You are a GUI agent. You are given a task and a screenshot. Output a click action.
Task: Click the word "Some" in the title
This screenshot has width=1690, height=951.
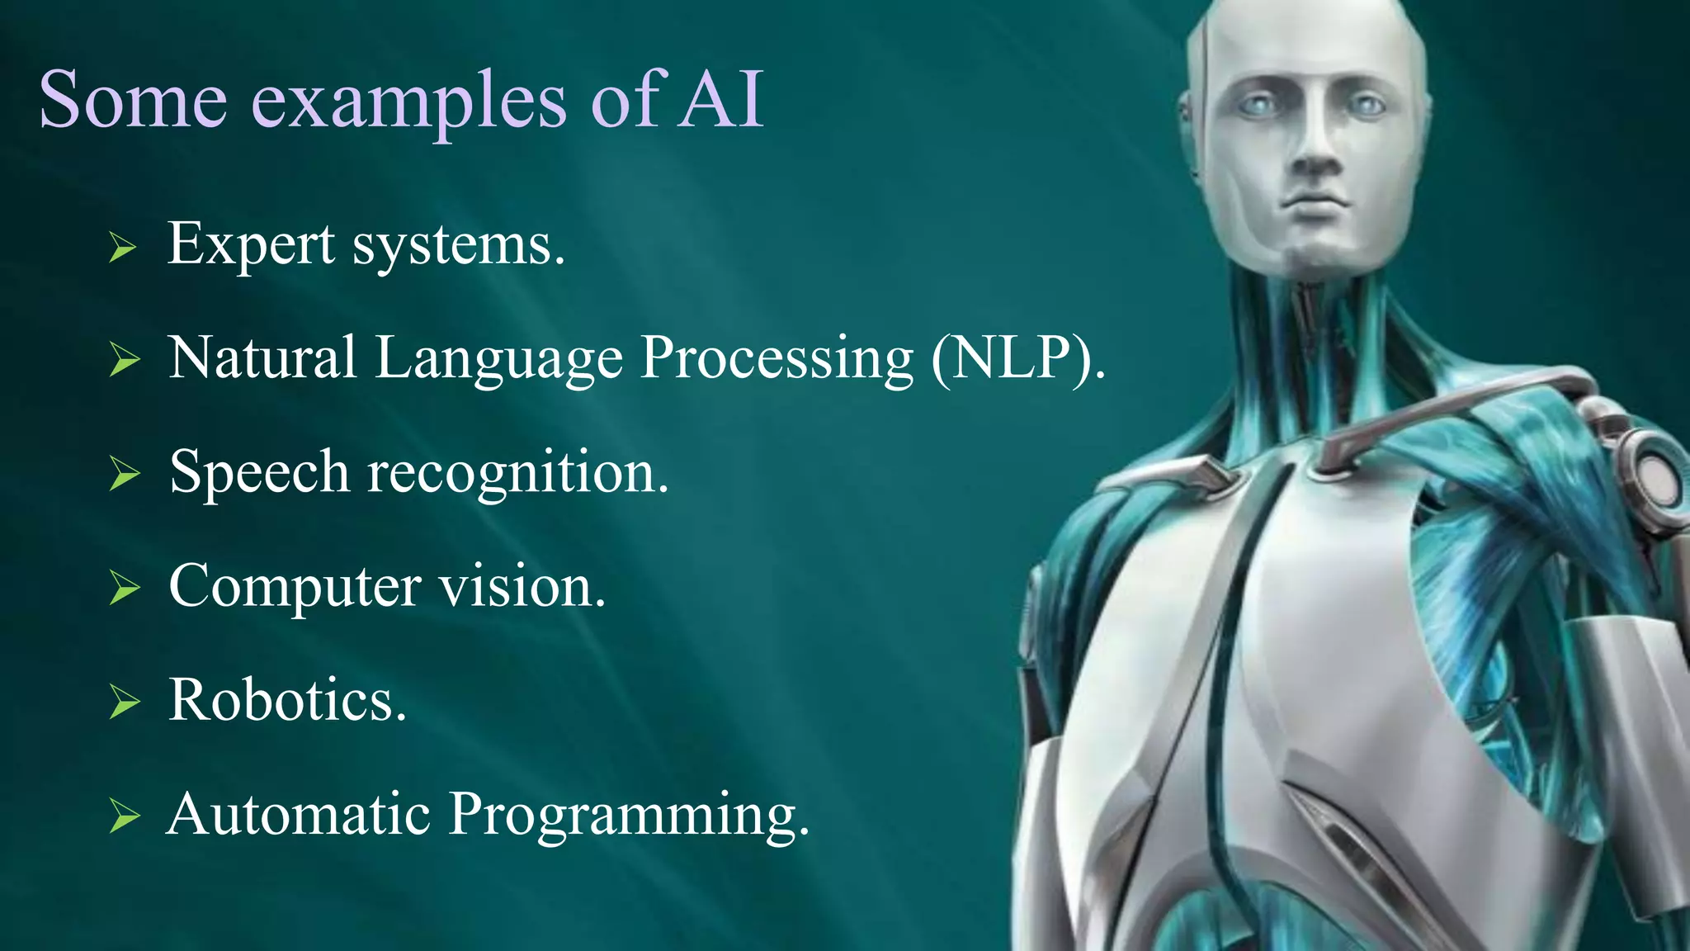[133, 101]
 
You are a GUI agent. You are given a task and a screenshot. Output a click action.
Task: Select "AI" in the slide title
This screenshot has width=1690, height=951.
[720, 101]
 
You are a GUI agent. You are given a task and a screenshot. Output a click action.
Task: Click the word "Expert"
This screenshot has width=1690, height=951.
[251, 245]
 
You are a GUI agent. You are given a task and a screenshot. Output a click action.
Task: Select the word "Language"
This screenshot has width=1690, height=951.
[498, 360]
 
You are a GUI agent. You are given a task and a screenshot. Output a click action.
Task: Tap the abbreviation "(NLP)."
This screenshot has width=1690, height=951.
[1017, 358]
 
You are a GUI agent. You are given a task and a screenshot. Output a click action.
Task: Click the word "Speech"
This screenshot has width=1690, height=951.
[259, 473]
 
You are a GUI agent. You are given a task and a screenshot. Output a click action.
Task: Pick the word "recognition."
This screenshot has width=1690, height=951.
[517, 474]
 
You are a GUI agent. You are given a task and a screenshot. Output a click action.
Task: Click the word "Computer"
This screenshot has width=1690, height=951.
[295, 588]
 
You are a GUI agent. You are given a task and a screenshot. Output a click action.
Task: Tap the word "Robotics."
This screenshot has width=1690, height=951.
[287, 700]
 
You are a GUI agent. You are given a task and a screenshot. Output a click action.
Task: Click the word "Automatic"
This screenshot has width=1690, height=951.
[298, 814]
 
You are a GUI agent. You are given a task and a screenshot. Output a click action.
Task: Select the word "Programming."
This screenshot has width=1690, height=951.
[629, 816]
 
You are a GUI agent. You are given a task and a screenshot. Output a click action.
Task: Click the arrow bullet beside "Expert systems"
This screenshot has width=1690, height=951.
[122, 247]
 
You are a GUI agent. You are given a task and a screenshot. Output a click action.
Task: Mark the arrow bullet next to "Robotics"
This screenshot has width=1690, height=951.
[124, 703]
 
